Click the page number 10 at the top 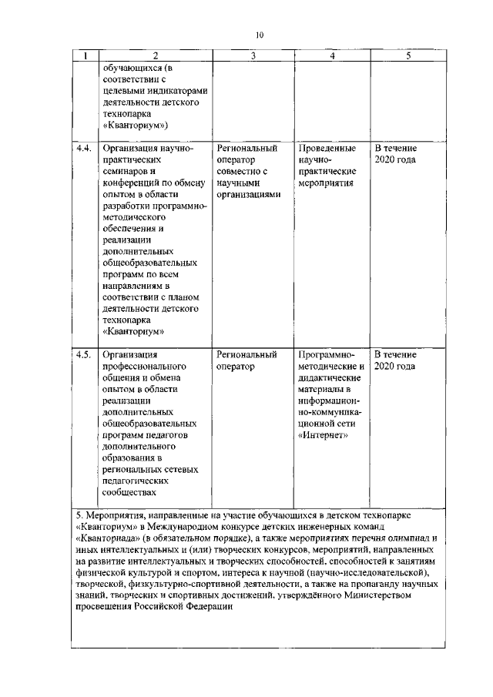260,35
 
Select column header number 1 85,56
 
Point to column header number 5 408,56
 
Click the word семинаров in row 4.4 126,172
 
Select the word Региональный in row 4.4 247,146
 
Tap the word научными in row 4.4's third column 238,184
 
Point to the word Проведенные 327,146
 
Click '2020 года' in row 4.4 395,159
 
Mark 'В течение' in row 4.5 396,355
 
